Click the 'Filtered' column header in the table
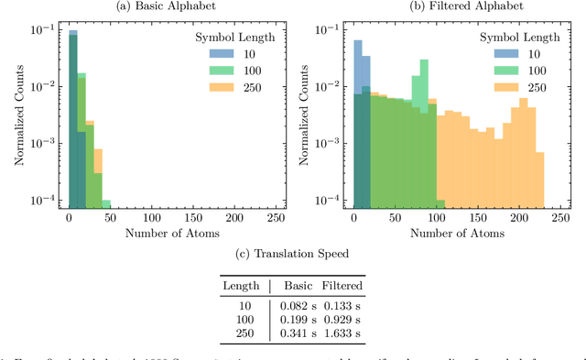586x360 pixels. pyautogui.click(x=346, y=286)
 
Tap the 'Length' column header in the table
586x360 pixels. pyautogui.click(x=242, y=286)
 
